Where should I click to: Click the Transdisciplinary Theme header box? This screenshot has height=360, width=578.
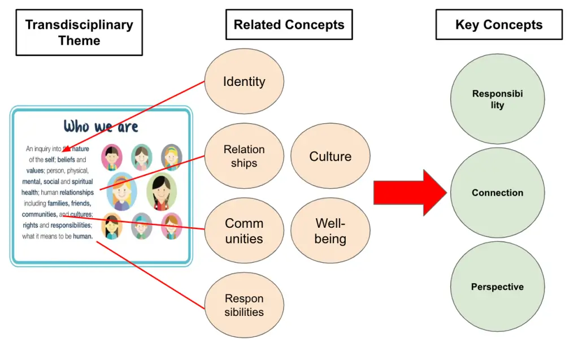pos(79,33)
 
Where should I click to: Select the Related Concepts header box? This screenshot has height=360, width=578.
pos(289,25)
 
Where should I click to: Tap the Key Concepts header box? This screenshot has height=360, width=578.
pos(498,25)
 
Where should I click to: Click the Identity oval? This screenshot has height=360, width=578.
pos(244,81)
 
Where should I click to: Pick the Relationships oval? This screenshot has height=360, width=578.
pos(244,157)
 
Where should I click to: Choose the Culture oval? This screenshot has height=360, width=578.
pos(330,157)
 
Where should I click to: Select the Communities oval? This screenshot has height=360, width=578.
pos(244,231)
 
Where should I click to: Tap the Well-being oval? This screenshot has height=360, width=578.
pos(330,231)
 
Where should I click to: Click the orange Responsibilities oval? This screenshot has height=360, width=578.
pos(244,305)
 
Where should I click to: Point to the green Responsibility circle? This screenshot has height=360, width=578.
pos(497,99)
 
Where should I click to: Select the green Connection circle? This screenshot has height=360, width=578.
pos(497,193)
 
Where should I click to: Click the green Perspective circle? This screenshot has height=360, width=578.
pos(497,287)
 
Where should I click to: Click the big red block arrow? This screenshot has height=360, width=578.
pos(410,193)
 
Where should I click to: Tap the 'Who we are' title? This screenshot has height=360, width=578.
pos(101,126)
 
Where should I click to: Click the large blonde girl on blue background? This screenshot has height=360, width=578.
pos(121,192)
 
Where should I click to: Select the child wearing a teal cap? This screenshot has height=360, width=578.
pos(141,226)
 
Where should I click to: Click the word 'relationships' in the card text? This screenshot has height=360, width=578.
pos(77,193)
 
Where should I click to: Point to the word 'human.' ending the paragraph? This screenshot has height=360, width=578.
pos(82,236)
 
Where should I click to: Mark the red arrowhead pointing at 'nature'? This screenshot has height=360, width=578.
pos(66,149)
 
